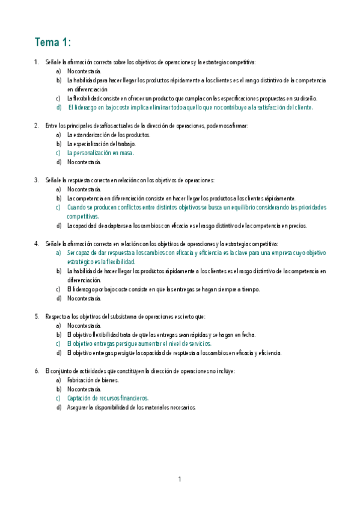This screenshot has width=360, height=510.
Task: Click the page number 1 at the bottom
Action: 179,479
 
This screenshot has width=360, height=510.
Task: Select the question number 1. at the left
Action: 37,62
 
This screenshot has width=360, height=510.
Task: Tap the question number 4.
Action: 37,244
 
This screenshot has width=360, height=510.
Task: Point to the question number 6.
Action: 37,371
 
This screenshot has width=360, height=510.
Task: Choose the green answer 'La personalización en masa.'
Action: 100,153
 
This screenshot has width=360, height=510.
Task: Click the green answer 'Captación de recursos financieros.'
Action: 108,398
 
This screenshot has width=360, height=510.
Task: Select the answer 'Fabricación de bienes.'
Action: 93,380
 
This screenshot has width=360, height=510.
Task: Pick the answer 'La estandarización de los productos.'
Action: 108,135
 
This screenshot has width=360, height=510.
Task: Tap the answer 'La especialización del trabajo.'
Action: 102,144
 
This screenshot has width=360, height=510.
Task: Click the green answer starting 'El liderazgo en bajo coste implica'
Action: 191,107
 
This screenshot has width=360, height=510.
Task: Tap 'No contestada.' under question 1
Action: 84,71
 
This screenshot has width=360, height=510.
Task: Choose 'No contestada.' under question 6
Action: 84,389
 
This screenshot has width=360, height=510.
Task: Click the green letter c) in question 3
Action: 58,207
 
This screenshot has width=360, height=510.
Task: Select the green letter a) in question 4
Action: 58,253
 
